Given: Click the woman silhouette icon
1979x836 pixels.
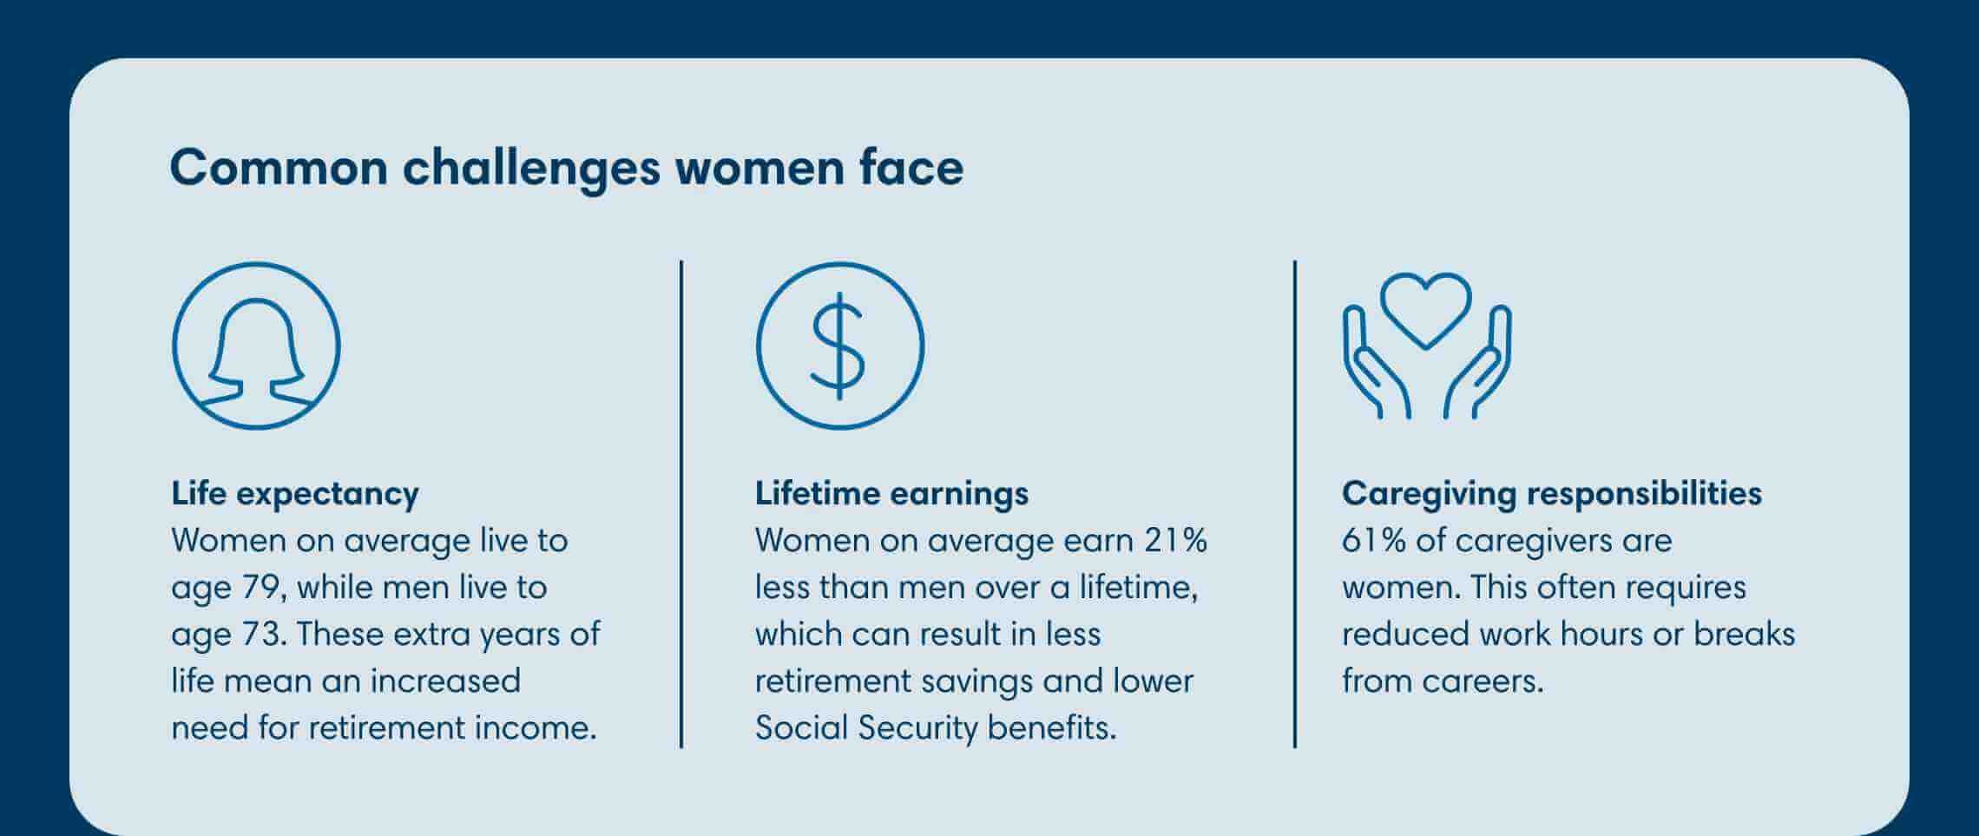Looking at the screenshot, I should pos(256,346).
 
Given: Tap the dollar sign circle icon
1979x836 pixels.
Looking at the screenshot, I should pos(839,346).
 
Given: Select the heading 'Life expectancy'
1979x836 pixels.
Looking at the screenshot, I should pos(295,493).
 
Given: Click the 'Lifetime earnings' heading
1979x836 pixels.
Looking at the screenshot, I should pos(891,493).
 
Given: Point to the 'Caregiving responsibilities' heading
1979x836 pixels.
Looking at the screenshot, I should pos(1551,493).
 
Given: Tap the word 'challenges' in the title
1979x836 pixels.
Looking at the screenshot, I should pos(531,168).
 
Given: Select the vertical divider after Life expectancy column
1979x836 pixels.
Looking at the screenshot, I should pos(681,504).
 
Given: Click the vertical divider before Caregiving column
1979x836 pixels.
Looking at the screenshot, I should pos(1294,504).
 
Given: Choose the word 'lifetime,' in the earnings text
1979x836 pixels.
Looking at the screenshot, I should pos(1139,588).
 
